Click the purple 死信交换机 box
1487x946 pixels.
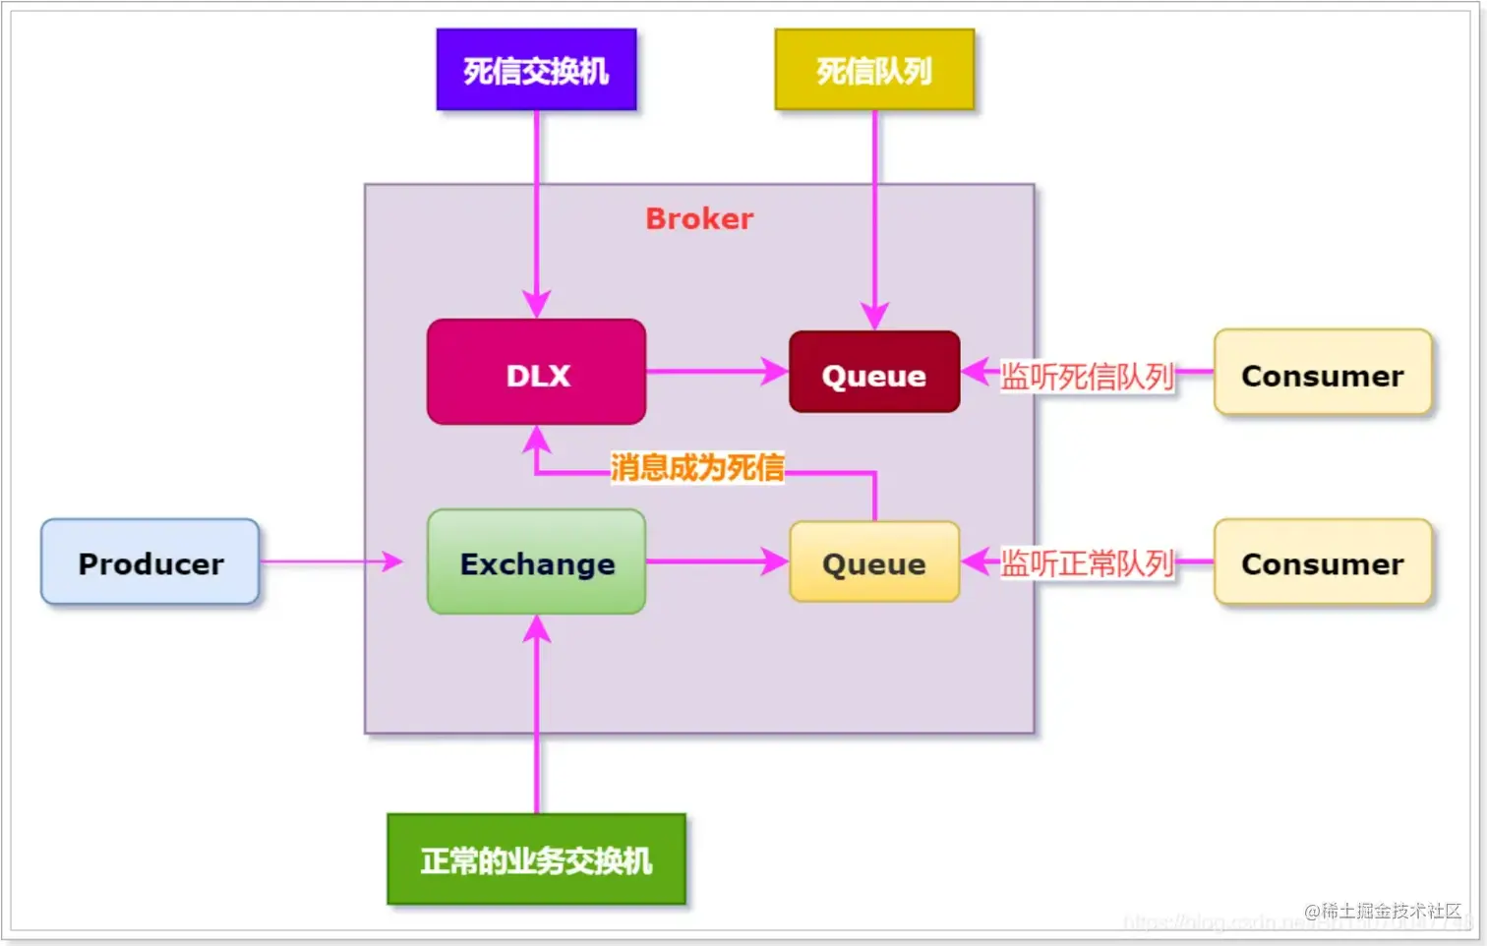pos(536,70)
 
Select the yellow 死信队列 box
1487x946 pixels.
pos(874,70)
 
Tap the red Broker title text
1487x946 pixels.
pos(699,218)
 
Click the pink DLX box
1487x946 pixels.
pos(536,373)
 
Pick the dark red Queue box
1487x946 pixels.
pos(873,373)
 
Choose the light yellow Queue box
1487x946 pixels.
pos(873,562)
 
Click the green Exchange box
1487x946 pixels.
pos(536,562)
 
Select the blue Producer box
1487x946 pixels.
pos(150,562)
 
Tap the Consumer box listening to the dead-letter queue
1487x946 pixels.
pos(1322,374)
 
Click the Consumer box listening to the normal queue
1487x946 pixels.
pos(1322,562)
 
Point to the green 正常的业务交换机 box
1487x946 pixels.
pos(536,859)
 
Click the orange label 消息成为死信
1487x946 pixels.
pos(697,467)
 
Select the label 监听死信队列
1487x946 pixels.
pos(1087,376)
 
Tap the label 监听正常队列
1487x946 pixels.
pos(1087,563)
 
